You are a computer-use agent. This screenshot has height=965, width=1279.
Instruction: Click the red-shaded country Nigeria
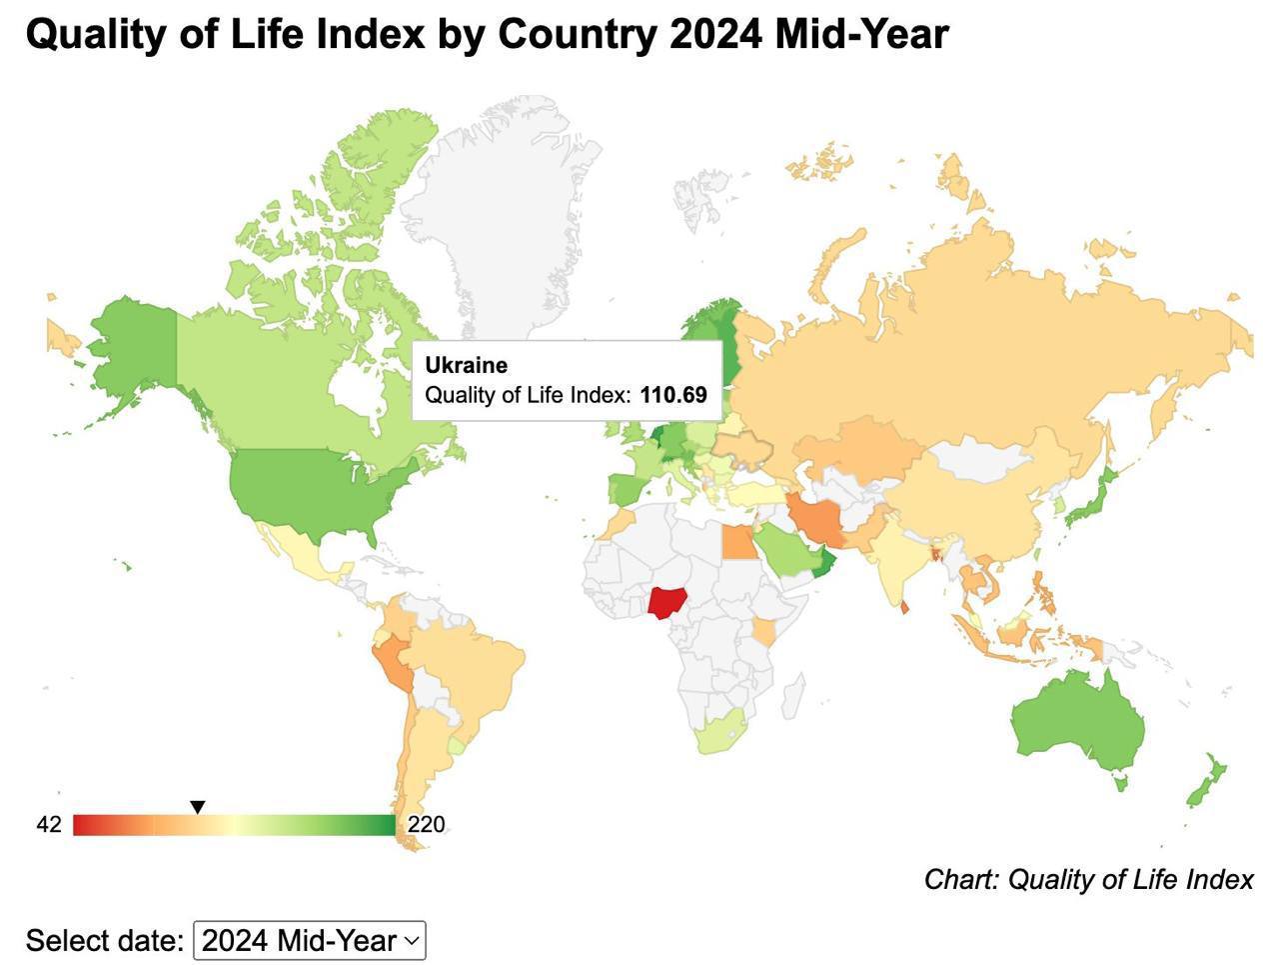[663, 602]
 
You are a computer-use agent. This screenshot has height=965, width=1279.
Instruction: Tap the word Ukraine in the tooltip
[466, 365]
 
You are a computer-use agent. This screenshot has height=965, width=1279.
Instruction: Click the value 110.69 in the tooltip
[673, 395]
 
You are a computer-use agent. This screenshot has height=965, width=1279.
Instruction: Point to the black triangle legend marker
[198, 807]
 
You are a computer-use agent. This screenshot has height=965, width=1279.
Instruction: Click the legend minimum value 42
[49, 825]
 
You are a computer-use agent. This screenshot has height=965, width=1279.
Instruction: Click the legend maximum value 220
[427, 825]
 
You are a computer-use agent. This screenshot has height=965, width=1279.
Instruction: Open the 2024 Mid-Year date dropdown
[310, 941]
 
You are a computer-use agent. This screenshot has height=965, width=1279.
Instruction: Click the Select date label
[104, 941]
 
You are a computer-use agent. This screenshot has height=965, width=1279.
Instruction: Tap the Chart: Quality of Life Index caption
[1088, 879]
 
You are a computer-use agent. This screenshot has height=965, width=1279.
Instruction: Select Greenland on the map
[500, 200]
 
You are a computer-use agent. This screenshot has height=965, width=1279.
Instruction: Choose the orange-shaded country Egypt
[738, 543]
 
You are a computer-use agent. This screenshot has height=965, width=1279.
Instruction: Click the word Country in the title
[579, 35]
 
